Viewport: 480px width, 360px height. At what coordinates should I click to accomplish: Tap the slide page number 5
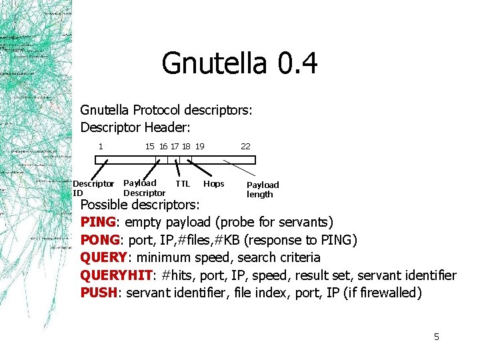coord(437,337)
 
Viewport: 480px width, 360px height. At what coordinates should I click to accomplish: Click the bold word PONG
coord(100,239)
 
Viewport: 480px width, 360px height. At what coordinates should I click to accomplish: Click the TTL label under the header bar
coord(183,183)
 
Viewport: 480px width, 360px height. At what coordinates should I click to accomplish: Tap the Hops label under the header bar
coord(213,183)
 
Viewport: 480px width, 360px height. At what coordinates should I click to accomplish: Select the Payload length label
coord(263,189)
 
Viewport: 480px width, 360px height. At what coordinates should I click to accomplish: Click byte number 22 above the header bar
coord(245,146)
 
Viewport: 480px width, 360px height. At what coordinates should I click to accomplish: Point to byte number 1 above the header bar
coord(100,146)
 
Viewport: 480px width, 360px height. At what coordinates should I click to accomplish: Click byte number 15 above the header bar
coord(150,146)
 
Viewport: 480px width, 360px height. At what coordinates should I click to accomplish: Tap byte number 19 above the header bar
coord(200,146)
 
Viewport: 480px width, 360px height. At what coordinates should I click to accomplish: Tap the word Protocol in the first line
coord(160,109)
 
